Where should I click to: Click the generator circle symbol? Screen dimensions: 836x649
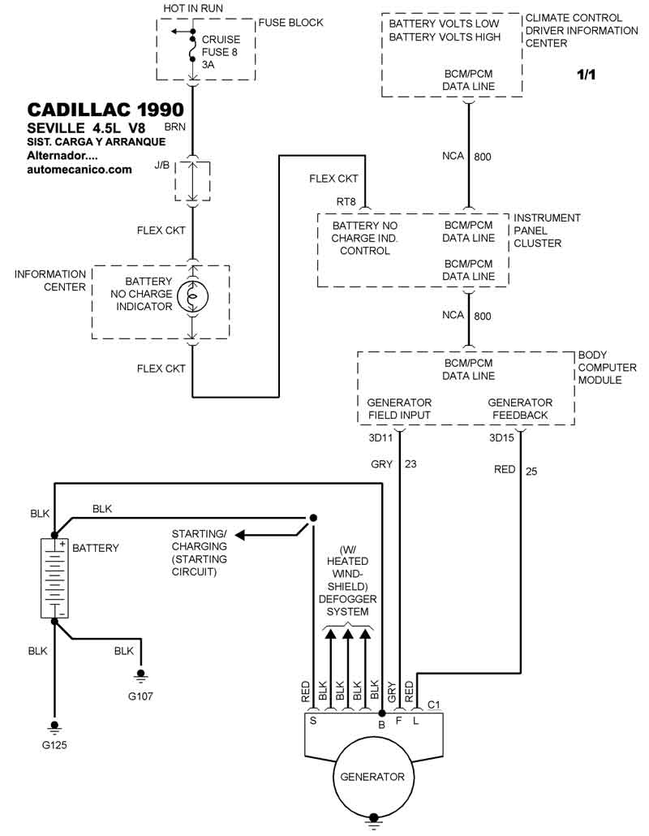pyautogui.click(x=372, y=776)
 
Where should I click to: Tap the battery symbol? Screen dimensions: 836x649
pyautogui.click(x=55, y=578)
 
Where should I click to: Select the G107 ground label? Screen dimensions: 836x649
pyautogui.click(x=140, y=696)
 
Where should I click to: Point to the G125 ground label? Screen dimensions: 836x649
pyautogui.click(x=55, y=744)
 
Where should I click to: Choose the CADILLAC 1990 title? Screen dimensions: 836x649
pyautogui.click(x=105, y=110)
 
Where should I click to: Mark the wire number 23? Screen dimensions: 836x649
pyautogui.click(x=411, y=464)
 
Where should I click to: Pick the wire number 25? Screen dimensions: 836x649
pyautogui.click(x=531, y=470)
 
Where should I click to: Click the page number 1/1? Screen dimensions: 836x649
pyautogui.click(x=587, y=75)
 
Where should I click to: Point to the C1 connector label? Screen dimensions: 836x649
pyautogui.click(x=433, y=704)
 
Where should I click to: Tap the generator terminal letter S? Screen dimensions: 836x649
pyautogui.click(x=312, y=719)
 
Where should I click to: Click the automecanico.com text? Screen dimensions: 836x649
pyautogui.click(x=79, y=170)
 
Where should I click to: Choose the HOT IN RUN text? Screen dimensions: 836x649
pyautogui.click(x=192, y=8)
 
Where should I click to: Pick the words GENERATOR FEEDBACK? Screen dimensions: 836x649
pyautogui.click(x=520, y=408)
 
